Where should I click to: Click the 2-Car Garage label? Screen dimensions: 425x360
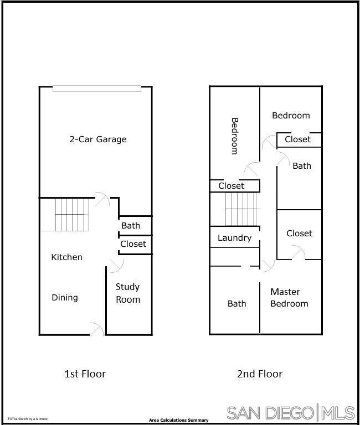click(98, 139)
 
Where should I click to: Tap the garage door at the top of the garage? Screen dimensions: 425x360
click(97, 89)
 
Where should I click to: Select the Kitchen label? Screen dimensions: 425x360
click(66, 257)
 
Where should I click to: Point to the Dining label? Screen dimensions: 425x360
click(65, 298)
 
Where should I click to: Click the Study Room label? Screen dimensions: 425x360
click(128, 293)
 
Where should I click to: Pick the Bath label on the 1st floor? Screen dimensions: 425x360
click(131, 226)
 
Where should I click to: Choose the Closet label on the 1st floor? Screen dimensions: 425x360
click(133, 244)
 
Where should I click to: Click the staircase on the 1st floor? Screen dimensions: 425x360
click(71, 215)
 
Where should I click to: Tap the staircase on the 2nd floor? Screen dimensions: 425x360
click(242, 209)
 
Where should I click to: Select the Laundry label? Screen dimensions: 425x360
click(234, 238)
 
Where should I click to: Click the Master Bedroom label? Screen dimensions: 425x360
click(289, 298)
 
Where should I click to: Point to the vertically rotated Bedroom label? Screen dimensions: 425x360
click(234, 136)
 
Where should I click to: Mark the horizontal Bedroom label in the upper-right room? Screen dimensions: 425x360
click(291, 116)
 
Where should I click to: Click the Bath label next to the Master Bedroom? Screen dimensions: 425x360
click(236, 304)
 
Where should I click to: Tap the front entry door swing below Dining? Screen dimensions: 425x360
click(97, 329)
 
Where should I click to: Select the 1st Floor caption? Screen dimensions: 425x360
click(85, 374)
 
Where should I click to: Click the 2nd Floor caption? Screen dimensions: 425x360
click(260, 374)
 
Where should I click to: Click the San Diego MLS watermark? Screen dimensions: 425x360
click(291, 413)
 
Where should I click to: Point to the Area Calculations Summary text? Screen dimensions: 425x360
click(178, 421)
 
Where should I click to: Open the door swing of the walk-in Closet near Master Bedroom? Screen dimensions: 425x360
click(299, 253)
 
